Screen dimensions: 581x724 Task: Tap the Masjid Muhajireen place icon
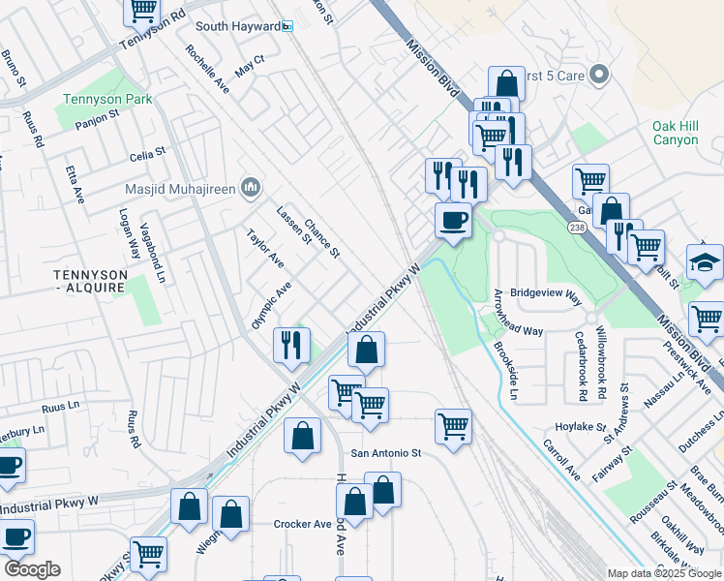pos(251,188)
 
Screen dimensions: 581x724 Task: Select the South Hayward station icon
pos(287,26)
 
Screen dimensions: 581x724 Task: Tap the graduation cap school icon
pos(705,261)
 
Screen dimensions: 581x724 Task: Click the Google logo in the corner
pos(31,569)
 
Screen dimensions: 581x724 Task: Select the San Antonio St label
pos(386,452)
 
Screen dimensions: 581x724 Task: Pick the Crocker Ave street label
pos(302,524)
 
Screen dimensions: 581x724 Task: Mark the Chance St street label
pos(321,237)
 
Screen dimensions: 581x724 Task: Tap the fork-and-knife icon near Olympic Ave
pos(291,343)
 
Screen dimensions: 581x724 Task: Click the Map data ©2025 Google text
pos(664,573)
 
